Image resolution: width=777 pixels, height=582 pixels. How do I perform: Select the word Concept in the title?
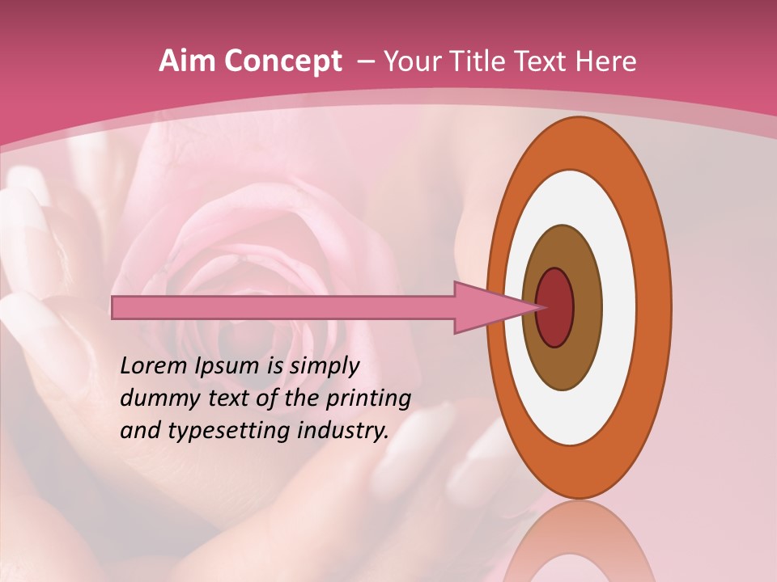[282, 61]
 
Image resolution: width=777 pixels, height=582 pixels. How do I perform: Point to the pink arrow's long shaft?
[283, 308]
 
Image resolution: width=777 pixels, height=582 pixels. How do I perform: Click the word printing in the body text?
[368, 399]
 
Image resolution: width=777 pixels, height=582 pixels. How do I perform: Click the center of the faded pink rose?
[243, 283]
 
